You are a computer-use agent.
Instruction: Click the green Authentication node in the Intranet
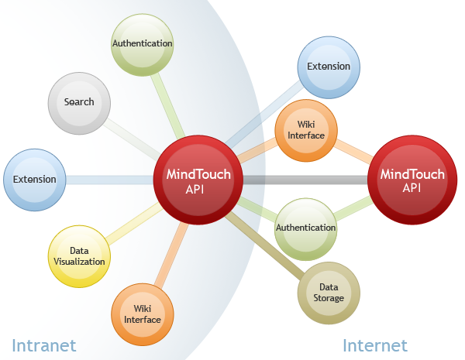point(142,44)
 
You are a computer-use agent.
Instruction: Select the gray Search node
point(79,102)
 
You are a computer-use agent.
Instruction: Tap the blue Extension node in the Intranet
point(34,180)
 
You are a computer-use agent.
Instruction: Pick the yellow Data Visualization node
point(79,256)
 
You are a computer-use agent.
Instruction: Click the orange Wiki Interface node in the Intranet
point(143,314)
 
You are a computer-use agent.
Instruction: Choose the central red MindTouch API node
point(198,180)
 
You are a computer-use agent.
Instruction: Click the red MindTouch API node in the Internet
point(412,180)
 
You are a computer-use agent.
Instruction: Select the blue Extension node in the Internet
point(329,67)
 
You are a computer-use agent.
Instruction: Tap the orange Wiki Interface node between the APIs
point(306,130)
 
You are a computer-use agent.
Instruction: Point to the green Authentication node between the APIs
point(306,228)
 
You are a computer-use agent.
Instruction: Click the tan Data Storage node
point(329,293)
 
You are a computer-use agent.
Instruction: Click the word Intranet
point(43,345)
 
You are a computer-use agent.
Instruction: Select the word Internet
point(375,345)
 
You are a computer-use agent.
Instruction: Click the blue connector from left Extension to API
point(108,180)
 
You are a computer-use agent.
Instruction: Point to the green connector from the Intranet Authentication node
point(166,101)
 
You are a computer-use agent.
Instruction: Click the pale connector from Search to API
point(132,137)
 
